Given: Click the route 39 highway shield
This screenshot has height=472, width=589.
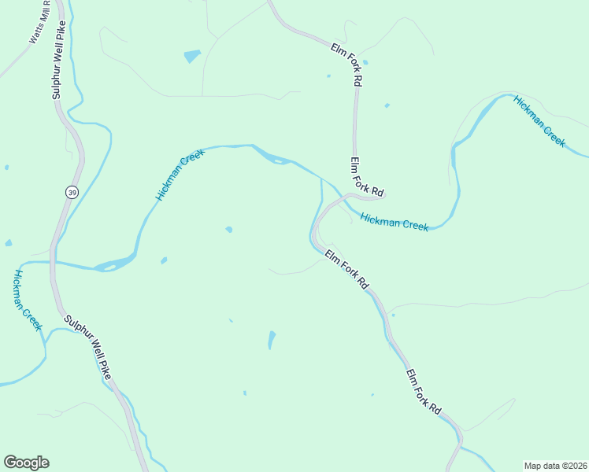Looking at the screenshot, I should (72, 193).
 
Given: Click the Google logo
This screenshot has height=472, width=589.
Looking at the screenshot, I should (26, 463).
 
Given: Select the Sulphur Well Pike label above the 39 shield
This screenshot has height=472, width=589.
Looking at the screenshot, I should (56, 60).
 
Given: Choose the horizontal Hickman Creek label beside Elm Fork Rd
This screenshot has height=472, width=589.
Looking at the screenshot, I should (395, 223).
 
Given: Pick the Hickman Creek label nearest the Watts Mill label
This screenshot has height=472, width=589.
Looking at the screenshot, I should (27, 300).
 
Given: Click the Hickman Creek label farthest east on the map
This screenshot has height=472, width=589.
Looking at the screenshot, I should (539, 120).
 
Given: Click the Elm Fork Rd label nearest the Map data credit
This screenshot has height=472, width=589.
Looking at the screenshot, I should (424, 392).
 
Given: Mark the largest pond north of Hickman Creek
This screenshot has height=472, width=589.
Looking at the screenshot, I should (192, 56).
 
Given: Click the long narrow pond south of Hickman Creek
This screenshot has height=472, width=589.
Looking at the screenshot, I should (272, 340).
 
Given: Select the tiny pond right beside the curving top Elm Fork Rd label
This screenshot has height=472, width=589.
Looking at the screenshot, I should (365, 62).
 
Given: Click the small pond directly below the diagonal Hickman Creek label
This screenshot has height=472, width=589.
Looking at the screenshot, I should (228, 230).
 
